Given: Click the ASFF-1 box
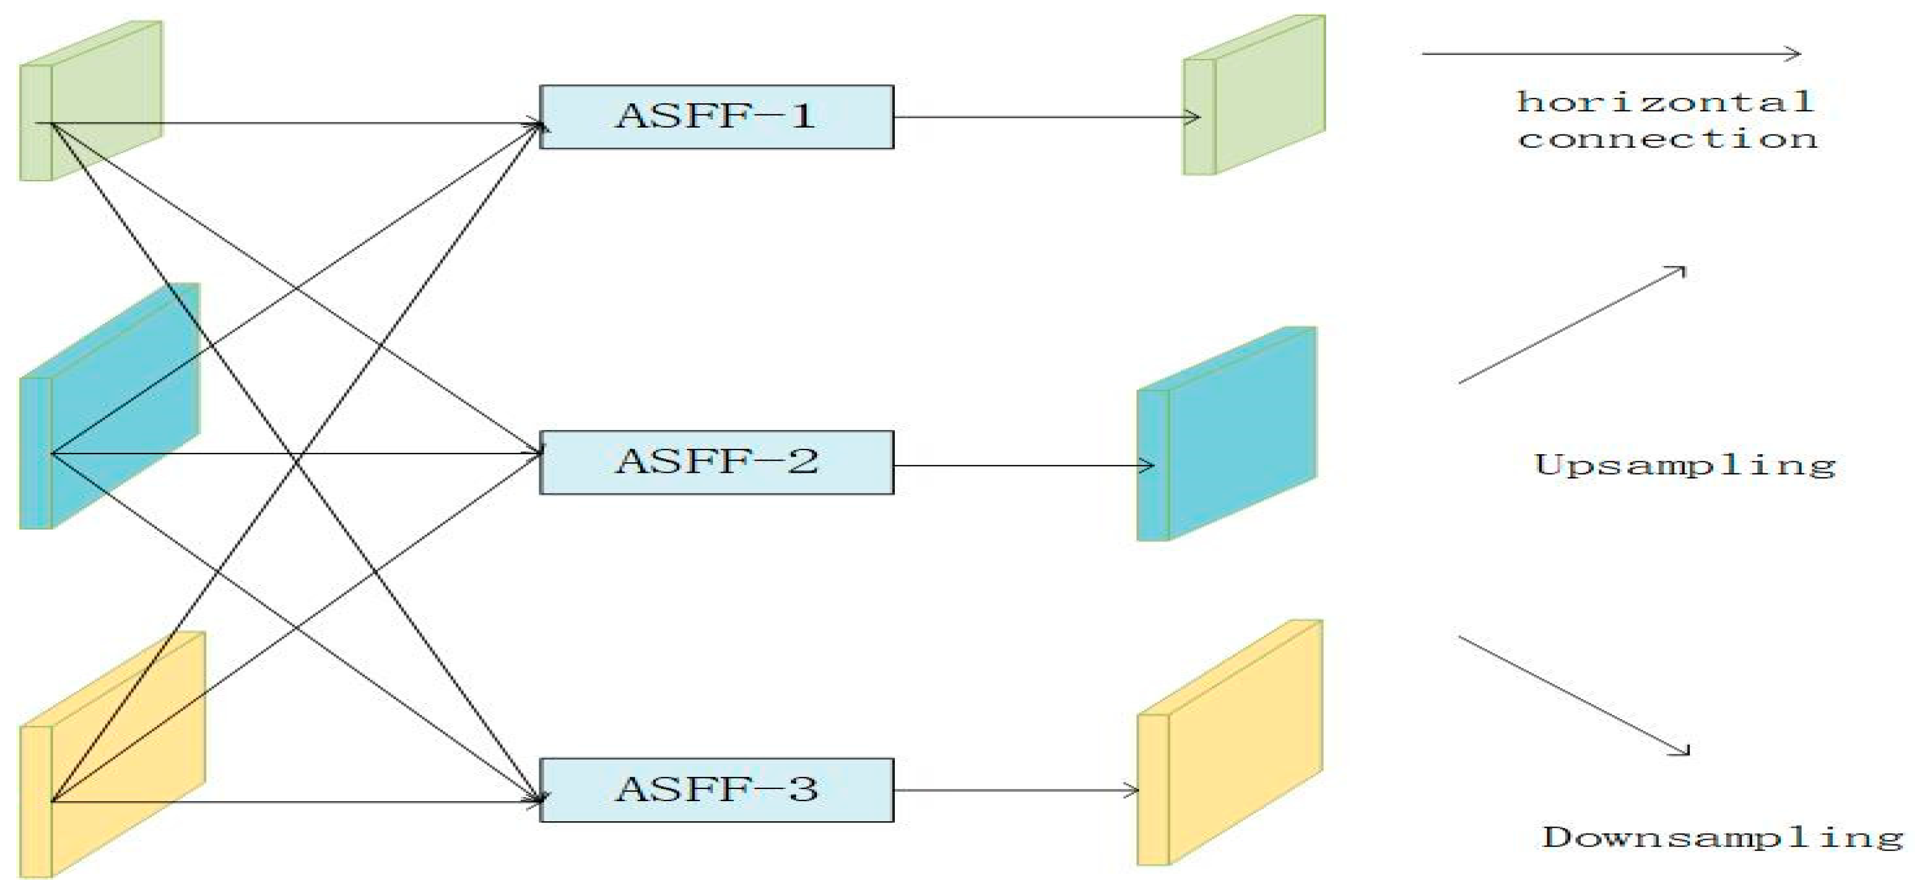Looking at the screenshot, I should point(716,117).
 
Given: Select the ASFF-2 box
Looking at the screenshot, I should point(716,462).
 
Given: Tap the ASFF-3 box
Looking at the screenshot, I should point(716,790).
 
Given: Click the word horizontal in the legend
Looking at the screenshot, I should point(1665,102).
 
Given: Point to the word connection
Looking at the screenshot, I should point(1667,139).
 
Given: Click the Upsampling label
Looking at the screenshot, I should point(1685,466).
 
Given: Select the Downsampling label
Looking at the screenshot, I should point(1722,837).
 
